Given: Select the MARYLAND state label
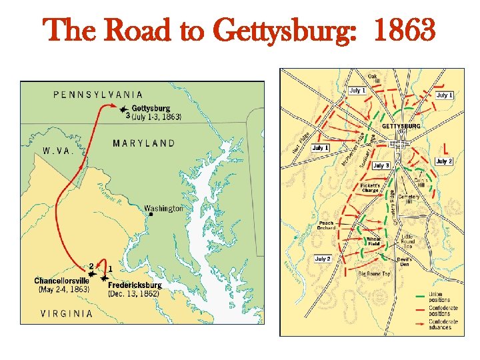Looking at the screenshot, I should (x=144, y=143).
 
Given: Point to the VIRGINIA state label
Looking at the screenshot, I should (x=67, y=313).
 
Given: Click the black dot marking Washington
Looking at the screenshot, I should (x=151, y=215).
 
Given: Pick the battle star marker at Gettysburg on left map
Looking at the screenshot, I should (x=122, y=109).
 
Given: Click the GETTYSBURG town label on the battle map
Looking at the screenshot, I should (x=401, y=126).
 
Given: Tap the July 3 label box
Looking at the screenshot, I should (x=381, y=165).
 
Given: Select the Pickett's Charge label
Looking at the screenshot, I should (x=370, y=187).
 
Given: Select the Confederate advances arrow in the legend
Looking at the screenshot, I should (x=419, y=323).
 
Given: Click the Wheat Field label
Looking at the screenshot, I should (x=374, y=241).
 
